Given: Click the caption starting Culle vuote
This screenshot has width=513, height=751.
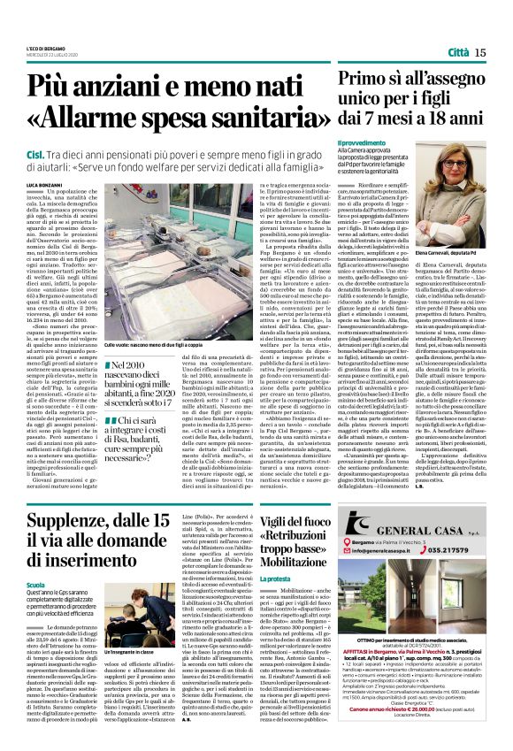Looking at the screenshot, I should pos(155,342).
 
